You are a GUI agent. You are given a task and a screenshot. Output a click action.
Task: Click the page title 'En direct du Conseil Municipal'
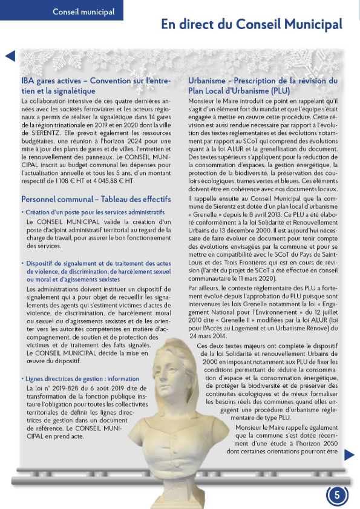pyautogui.click(x=251, y=24)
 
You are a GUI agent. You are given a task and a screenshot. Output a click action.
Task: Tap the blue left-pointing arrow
pyautogui.click(x=9, y=56)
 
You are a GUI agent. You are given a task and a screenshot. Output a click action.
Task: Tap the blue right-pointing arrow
pyautogui.click(x=349, y=454)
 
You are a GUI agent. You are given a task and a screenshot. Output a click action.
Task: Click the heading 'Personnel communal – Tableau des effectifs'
pyautogui.click(x=96, y=199)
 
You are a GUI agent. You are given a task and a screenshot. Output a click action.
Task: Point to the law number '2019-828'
pyautogui.click(x=65, y=387)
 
